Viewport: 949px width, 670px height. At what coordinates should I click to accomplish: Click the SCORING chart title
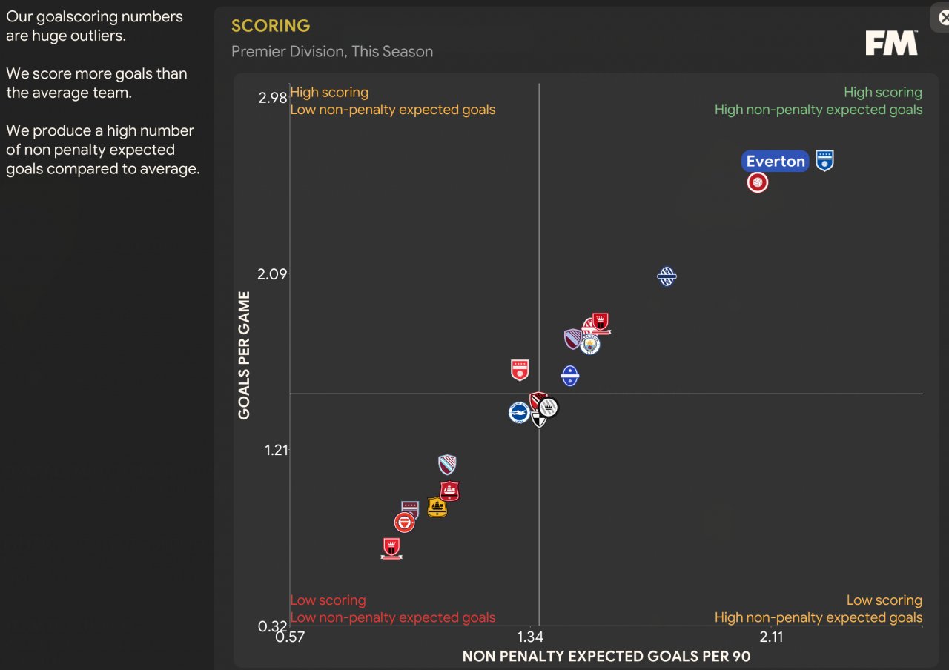point(271,26)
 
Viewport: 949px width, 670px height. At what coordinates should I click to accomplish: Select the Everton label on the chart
point(775,162)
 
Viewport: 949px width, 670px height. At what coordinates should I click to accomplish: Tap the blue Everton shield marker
point(824,160)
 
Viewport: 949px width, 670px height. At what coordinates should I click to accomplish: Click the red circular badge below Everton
point(757,182)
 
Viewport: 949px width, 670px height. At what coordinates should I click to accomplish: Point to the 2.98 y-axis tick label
point(272,98)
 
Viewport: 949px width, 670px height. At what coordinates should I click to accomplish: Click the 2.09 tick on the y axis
point(272,274)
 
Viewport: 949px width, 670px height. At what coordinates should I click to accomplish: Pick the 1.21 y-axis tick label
point(276,450)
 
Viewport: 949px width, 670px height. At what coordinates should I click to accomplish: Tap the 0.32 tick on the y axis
point(272,626)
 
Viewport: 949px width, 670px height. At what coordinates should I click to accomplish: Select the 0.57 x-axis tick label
point(290,637)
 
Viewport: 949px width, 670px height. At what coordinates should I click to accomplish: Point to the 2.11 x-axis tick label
point(771,637)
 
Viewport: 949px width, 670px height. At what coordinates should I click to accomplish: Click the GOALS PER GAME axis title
point(244,355)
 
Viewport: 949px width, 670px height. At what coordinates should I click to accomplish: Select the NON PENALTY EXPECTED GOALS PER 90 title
point(606,656)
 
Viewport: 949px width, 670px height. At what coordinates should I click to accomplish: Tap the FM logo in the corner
point(891,43)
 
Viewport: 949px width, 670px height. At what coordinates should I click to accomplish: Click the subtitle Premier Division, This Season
point(332,52)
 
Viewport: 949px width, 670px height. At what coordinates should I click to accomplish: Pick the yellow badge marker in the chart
point(437,507)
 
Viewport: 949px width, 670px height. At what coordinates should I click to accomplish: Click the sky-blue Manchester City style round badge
point(589,345)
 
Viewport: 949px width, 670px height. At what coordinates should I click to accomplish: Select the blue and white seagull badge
point(519,413)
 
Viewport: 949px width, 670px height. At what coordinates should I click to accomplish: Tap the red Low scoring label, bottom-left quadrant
point(328,600)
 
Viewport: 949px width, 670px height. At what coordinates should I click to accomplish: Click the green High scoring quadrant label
point(882,93)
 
